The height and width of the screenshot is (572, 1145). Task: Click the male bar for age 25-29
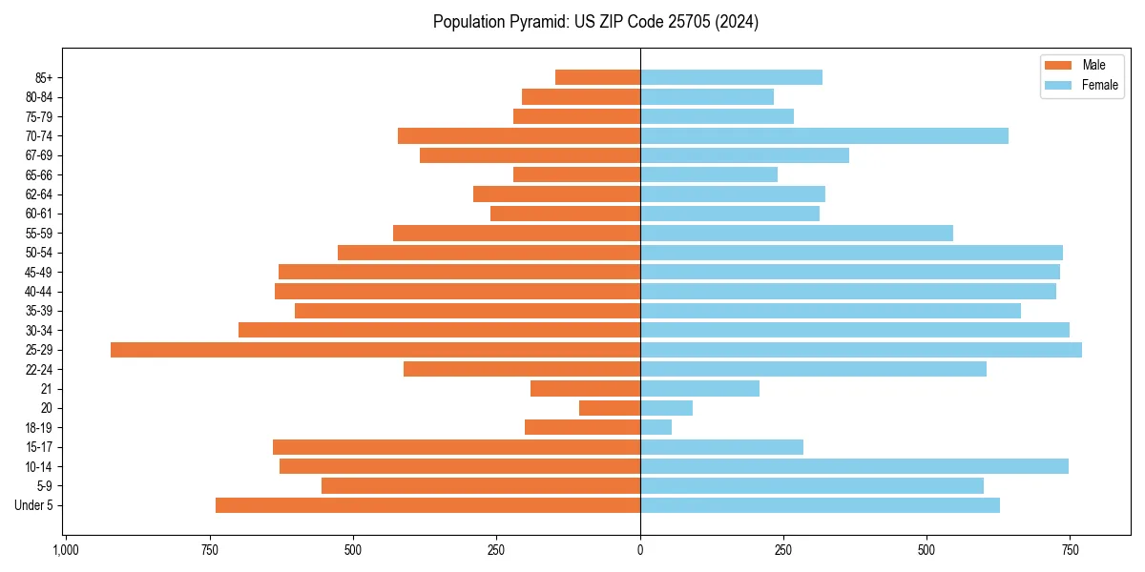(375, 350)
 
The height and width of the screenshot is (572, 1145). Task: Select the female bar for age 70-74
(823, 136)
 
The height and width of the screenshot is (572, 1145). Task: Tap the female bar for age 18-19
(656, 427)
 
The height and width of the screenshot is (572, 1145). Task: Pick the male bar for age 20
(610, 408)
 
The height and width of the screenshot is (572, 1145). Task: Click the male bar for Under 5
(427, 505)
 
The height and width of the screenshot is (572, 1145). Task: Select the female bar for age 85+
(731, 77)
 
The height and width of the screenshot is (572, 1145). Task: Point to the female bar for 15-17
(721, 447)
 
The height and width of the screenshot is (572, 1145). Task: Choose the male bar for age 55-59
(516, 234)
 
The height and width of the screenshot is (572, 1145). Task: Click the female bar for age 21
(699, 389)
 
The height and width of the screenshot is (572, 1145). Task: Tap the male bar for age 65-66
(576, 174)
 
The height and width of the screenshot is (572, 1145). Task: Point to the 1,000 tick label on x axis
(65, 551)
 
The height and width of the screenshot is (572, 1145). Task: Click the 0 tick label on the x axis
(640, 551)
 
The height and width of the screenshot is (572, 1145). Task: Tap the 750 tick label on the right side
(1070, 551)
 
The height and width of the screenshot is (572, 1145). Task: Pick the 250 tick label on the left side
(496, 551)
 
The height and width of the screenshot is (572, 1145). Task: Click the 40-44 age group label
(39, 292)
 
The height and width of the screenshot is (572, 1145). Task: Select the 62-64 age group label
(39, 194)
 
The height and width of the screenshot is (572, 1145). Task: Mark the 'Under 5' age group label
(34, 505)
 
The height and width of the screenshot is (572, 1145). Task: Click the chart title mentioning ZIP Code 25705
(595, 22)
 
